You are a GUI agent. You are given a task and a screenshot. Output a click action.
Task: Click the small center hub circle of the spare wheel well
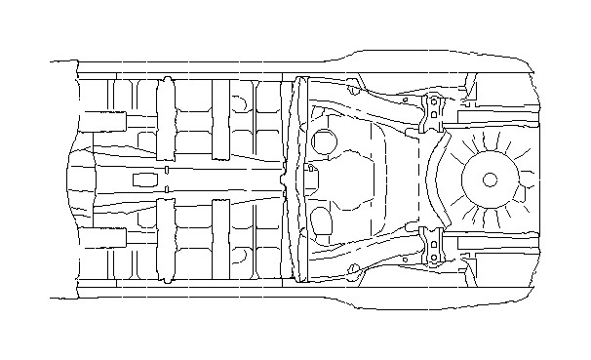click(490, 180)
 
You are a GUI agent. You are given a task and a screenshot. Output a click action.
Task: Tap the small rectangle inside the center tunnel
click(142, 180)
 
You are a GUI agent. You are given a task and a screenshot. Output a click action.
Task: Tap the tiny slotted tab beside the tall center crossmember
click(312, 167)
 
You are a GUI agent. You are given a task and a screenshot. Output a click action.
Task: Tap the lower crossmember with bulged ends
click(166, 240)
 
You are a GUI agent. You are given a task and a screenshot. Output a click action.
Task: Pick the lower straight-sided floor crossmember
click(220, 240)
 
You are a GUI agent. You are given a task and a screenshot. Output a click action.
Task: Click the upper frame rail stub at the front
click(101, 122)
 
